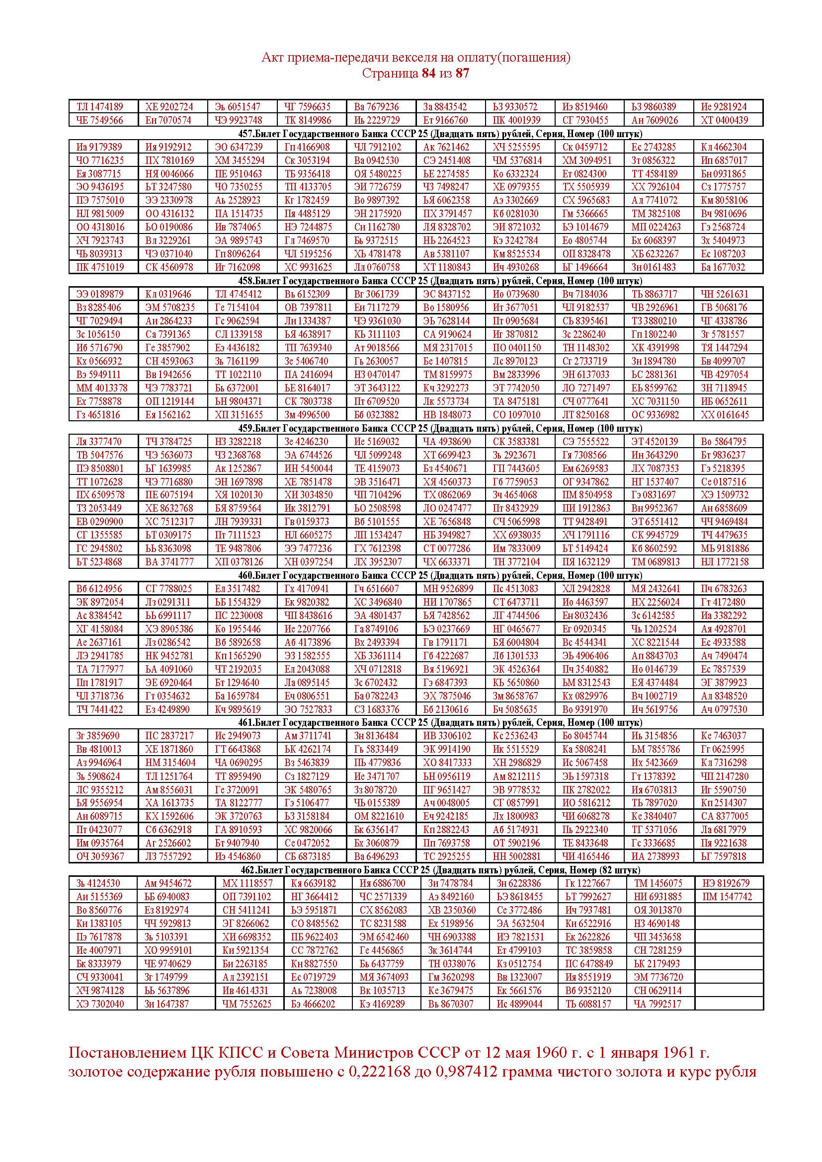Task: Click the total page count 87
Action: point(462,73)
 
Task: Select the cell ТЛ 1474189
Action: point(100,107)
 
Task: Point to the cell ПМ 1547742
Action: point(728,897)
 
